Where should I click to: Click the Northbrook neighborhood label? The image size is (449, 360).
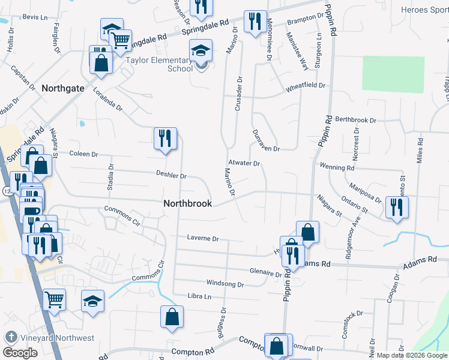click(187, 203)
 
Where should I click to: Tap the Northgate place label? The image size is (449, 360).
click(62, 88)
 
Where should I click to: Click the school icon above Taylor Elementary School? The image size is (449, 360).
click(200, 51)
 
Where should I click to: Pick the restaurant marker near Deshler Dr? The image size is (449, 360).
click(164, 139)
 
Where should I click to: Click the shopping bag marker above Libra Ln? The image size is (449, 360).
click(172, 317)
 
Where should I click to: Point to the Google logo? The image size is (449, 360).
click(20, 353)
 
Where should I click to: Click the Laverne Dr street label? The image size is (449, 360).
click(202, 238)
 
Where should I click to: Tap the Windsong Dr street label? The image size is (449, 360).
click(224, 284)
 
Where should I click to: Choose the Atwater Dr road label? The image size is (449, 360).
click(243, 163)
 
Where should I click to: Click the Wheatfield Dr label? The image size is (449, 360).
click(305, 86)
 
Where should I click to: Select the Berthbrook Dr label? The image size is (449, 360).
click(355, 120)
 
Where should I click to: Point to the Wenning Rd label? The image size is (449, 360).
click(337, 168)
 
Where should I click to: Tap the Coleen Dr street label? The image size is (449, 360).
click(83, 154)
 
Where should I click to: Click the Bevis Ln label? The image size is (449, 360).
click(35, 18)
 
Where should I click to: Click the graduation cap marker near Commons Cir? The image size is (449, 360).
click(93, 301)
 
